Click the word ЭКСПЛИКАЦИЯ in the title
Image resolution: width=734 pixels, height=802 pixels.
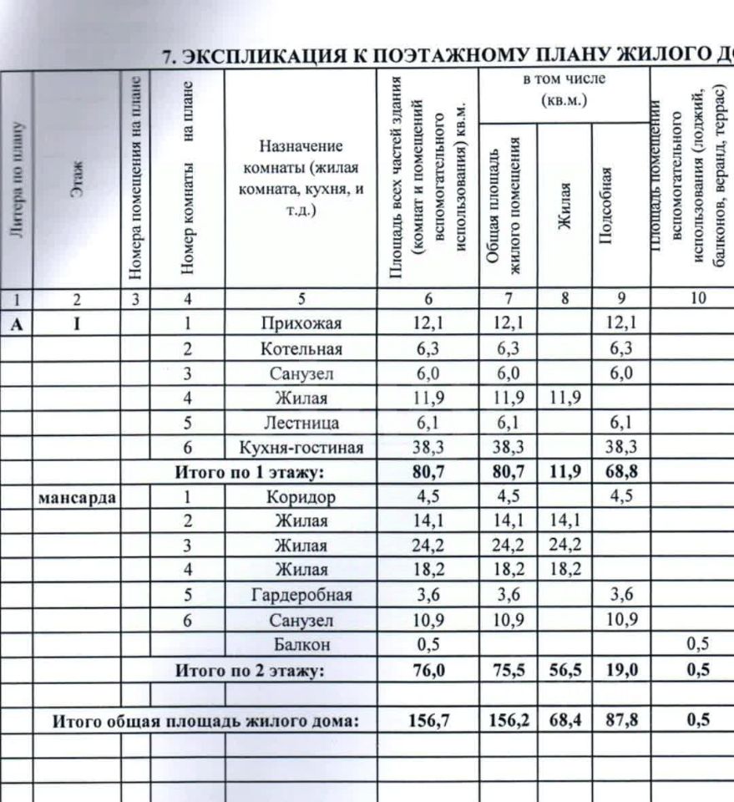click(x=259, y=56)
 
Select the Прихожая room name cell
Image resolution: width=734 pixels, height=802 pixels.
click(x=301, y=322)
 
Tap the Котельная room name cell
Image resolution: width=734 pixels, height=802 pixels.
click(x=301, y=348)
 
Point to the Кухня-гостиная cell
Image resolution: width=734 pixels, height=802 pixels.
click(x=301, y=448)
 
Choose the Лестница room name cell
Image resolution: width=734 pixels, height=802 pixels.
click(x=301, y=423)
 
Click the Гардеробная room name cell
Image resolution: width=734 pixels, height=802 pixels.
click(x=301, y=596)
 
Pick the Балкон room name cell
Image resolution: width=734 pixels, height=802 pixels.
click(x=301, y=645)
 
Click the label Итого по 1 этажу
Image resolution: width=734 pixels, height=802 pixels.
click(x=248, y=472)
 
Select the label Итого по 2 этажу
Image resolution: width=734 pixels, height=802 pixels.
click(x=248, y=670)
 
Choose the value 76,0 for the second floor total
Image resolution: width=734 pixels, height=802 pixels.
click(x=428, y=670)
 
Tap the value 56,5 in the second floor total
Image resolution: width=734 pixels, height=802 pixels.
click(x=564, y=670)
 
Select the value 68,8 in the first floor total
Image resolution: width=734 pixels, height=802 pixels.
click(x=620, y=472)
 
